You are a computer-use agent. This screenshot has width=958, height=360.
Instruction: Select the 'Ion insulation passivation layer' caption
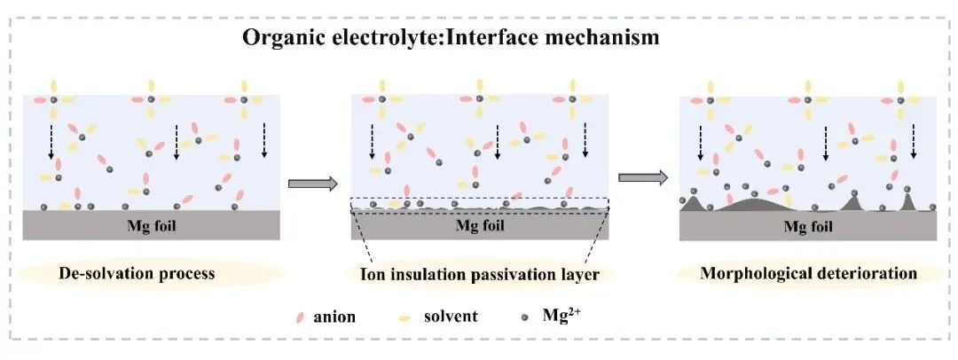tap(479, 274)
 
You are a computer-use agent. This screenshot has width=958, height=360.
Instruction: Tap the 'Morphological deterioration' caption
tap(808, 273)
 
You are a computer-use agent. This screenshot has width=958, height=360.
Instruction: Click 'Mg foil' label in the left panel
tap(153, 224)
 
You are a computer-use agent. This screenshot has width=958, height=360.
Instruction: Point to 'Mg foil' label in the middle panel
tap(480, 224)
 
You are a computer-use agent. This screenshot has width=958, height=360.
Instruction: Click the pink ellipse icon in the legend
tap(301, 317)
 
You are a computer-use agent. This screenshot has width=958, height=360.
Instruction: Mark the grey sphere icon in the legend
tap(529, 317)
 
